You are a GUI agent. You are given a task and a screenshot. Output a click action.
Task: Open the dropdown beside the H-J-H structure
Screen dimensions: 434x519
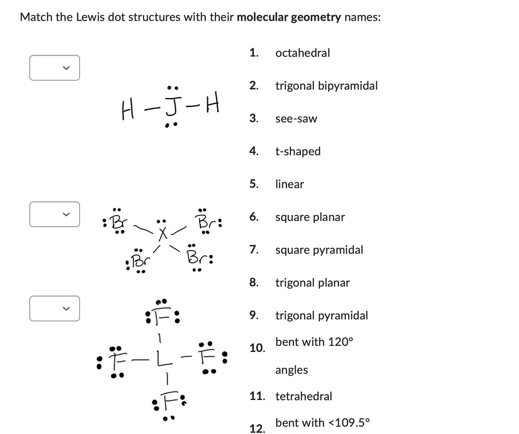pyautogui.click(x=55, y=68)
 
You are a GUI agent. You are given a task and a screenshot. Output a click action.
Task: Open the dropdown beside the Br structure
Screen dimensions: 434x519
pyautogui.click(x=55, y=214)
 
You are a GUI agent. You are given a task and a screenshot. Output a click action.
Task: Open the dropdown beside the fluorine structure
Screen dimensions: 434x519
pyautogui.click(x=55, y=308)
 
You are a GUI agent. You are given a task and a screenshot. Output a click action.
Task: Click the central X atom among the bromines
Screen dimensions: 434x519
pyautogui.click(x=163, y=234)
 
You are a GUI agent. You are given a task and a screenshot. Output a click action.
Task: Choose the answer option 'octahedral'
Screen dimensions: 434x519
pyautogui.click(x=303, y=53)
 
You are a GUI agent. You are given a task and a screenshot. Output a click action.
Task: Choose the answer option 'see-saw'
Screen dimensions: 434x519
pyautogui.click(x=296, y=119)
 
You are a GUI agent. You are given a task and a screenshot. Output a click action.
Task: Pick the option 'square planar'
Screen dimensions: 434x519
pyautogui.click(x=310, y=217)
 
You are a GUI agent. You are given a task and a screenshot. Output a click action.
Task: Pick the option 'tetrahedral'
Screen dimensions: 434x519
pyautogui.click(x=303, y=396)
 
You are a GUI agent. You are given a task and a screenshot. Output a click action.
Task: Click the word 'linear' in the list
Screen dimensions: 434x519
pyautogui.click(x=289, y=184)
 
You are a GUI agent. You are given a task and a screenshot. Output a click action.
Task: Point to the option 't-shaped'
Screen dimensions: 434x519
pyautogui.click(x=298, y=151)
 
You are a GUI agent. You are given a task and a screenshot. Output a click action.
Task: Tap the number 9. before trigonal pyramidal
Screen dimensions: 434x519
pyautogui.click(x=254, y=315)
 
